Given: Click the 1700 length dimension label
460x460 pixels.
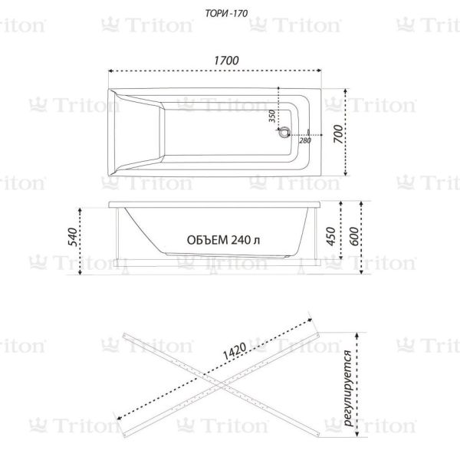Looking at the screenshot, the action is [226, 61].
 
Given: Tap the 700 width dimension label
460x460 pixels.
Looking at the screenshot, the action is [338, 133].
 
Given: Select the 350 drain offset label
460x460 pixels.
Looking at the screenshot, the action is [272, 117].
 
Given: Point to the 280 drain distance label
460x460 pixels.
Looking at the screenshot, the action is [305, 140].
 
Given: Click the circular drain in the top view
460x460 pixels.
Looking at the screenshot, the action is [284, 133].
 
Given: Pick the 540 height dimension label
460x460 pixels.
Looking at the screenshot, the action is [73, 237].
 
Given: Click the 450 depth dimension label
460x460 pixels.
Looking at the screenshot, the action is [330, 236].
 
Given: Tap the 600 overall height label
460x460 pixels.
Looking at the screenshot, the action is [354, 236].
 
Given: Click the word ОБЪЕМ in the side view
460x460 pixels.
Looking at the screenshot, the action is [208, 240].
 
